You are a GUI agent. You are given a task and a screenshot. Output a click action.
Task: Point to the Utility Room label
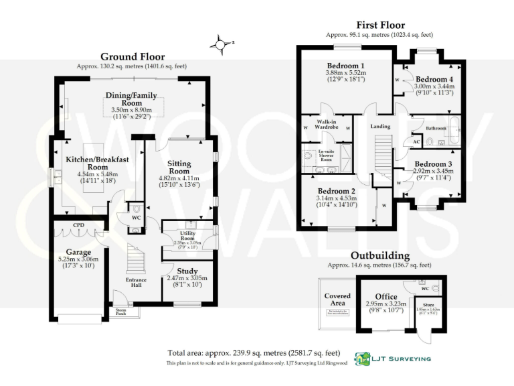[187, 235]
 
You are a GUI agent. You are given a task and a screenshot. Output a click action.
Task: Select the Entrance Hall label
[137, 282]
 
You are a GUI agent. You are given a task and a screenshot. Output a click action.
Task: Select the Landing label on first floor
[380, 126]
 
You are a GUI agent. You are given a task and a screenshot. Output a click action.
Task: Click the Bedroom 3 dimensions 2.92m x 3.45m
[433, 172]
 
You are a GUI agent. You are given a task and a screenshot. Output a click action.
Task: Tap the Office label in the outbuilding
[385, 296]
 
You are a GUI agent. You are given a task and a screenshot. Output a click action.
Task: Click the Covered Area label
[337, 300]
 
